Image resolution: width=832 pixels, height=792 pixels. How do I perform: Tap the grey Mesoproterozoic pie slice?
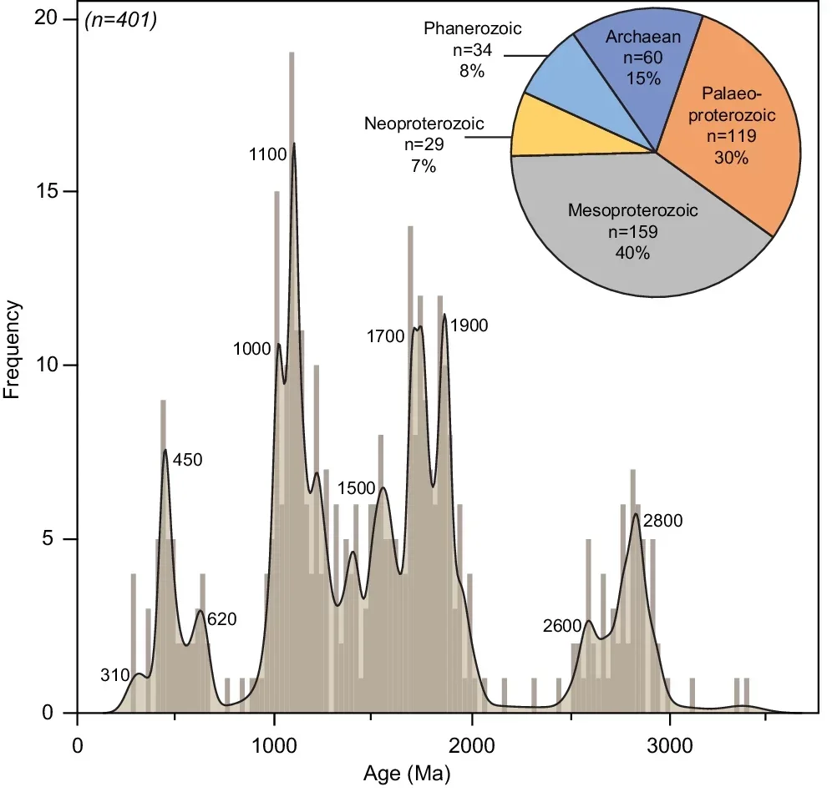635,234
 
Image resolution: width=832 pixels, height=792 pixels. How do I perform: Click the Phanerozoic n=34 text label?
472,50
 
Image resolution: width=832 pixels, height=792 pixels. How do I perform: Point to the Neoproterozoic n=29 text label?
424,144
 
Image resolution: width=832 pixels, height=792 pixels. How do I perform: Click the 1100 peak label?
267,154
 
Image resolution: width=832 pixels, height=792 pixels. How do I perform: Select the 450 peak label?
188,459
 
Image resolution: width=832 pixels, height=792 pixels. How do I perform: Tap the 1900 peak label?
468,325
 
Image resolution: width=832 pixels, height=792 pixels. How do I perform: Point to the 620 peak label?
221,619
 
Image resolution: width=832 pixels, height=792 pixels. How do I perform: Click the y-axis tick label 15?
55,191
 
